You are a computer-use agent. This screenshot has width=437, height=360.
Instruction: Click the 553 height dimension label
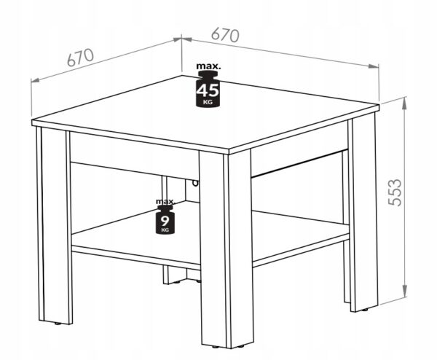tap(395, 192)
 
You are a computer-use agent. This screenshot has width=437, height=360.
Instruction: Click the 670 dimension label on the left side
tap(81, 58)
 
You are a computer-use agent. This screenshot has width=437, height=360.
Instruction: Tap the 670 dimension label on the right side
tap(225, 35)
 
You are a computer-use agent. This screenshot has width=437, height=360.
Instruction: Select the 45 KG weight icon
tap(208, 89)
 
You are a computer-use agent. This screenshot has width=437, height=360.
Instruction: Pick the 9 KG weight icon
tap(165, 219)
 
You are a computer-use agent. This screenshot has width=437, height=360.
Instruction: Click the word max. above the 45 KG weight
tap(208, 66)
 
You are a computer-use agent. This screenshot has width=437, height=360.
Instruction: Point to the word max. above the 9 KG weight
tap(165, 201)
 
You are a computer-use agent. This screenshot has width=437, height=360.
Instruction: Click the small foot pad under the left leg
tap(58, 324)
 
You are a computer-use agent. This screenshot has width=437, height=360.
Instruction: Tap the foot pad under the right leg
tap(364, 310)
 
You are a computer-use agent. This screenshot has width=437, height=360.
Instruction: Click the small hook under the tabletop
tap(195, 183)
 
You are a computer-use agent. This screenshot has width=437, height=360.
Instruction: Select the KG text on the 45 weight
tap(208, 102)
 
